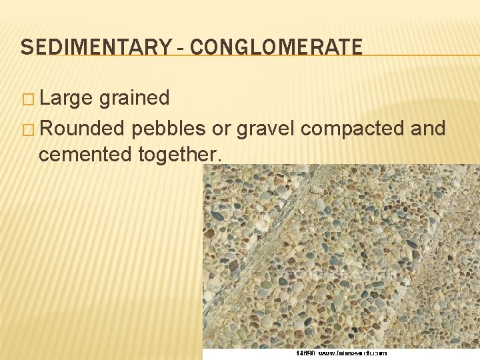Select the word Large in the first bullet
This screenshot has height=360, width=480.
tap(66, 98)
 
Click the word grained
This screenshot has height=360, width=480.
tap(134, 99)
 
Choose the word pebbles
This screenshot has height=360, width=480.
tap(170, 128)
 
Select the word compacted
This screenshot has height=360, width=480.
tap(353, 129)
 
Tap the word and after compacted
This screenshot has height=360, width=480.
tap(429, 128)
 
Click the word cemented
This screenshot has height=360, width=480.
tap(85, 155)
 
